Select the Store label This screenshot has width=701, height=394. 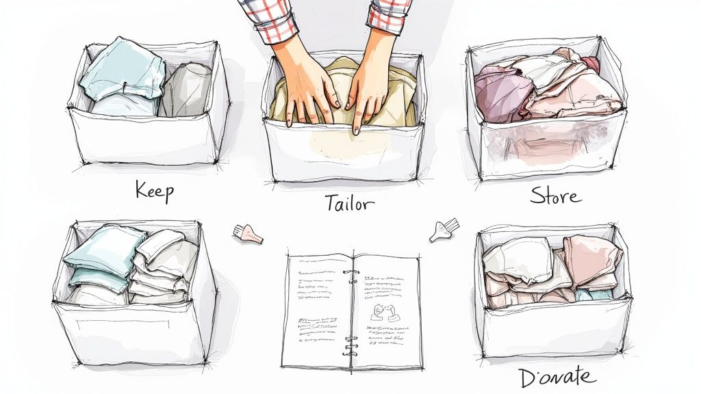pos(555,196)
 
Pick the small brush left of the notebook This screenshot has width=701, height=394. pos(248,235)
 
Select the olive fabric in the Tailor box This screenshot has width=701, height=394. pos(342,103)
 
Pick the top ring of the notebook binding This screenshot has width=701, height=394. pos(351,272)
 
